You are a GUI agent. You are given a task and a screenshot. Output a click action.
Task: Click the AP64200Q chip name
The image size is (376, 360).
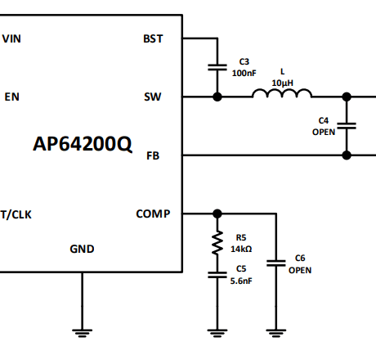click(82, 144)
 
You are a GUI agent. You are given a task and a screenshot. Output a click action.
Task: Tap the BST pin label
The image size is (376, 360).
click(153, 38)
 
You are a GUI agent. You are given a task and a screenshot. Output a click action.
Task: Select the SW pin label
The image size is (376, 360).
click(153, 97)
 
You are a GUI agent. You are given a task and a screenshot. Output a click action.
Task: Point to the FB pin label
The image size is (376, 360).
click(153, 155)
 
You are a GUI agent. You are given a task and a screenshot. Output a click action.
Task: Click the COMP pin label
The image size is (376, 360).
click(153, 214)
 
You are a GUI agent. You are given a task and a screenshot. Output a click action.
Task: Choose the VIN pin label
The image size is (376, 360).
click(12, 38)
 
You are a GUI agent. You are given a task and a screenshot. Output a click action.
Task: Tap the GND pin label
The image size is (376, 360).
click(82, 249)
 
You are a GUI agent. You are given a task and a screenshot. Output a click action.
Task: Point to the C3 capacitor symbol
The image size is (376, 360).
click(217, 67)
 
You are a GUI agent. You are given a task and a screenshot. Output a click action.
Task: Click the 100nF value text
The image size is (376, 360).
click(244, 73)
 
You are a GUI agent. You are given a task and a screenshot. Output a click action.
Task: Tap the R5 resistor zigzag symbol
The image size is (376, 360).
click(217, 242)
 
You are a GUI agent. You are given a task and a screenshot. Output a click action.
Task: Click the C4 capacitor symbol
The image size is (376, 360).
click(347, 126)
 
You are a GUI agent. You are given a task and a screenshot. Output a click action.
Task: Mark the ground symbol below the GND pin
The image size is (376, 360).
click(82, 331)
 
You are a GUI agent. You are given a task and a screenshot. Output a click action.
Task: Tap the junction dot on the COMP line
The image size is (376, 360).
click(217, 214)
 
